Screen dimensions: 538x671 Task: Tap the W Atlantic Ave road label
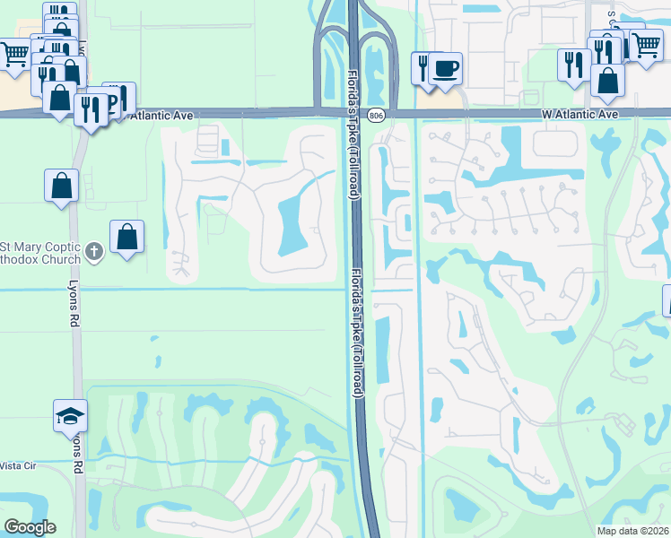[579, 115]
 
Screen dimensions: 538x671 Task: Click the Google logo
[30, 527]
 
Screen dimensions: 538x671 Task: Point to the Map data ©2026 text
[632, 531]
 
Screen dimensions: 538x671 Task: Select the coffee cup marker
[445, 68]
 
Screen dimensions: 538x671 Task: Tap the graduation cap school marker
[70, 415]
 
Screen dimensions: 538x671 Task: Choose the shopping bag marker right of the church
[127, 238]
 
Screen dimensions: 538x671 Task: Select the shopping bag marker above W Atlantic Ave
[608, 80]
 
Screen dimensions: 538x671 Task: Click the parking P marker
[113, 100]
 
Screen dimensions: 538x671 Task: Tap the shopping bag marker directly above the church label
[61, 186]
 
